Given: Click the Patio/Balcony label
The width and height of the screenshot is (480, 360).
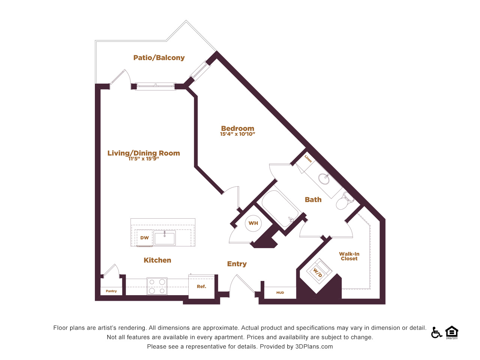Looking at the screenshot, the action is pos(159,58).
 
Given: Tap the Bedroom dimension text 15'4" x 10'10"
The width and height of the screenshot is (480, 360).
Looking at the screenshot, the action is pos(237,134).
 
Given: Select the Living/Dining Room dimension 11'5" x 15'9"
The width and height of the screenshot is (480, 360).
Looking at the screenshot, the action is pos(144,159).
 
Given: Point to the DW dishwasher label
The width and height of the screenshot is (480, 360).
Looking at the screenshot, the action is pos(144,238).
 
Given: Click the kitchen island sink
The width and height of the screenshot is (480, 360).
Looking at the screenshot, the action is pos(165,238).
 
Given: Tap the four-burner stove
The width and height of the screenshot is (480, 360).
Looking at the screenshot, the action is pos(157,286).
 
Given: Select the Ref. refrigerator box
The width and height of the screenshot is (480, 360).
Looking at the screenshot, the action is pos(201,286).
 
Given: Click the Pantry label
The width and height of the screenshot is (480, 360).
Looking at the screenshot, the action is pos(111,291).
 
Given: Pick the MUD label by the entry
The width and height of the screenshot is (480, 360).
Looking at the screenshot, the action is pos(280,292).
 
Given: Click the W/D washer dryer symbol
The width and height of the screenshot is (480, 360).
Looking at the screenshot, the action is pos(319,271).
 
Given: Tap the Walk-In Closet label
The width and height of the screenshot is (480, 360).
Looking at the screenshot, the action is pos(349,256).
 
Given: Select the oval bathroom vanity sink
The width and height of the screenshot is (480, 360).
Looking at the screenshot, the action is pos(324,179).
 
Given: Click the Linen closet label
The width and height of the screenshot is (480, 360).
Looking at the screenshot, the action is pos(308,159).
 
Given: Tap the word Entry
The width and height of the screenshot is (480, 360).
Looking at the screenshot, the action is pos(237,264).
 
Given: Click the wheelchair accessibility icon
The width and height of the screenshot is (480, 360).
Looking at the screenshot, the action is pos(436,333).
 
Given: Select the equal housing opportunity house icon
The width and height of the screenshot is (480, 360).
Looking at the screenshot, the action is pos(452,333).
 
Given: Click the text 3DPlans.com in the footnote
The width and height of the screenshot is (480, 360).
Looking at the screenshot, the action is pos(314,346).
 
